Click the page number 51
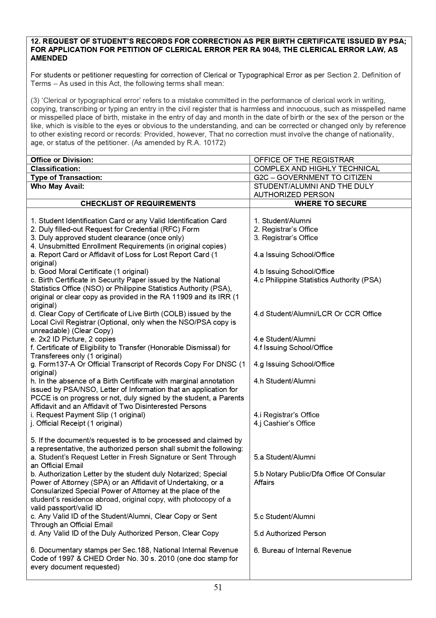pyautogui.click(x=218, y=587)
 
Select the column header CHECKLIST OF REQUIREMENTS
pyautogui.click(x=138, y=204)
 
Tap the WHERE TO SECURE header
pyautogui.click(x=330, y=204)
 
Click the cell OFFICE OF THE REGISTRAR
pyautogui.click(x=304, y=160)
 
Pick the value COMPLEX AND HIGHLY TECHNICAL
pyautogui.click(x=316, y=169)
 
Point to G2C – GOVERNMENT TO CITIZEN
pyautogui.click(x=313, y=177)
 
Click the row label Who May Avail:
pyautogui.click(x=57, y=186)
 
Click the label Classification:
pyautogui.click(x=56, y=169)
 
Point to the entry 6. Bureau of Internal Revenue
pyautogui.click(x=302, y=550)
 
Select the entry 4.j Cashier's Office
pyautogui.click(x=284, y=423)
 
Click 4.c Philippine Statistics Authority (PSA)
pyautogui.click(x=317, y=280)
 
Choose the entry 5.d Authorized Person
pyautogui.click(x=290, y=533)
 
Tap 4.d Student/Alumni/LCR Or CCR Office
pyautogui.click(x=318, y=314)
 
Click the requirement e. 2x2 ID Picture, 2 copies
pyautogui.click(x=73, y=339)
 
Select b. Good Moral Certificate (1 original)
pyautogui.click(x=90, y=271)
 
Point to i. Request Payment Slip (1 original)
pyautogui.click(x=88, y=415)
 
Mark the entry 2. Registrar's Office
pyautogui.click(x=286, y=229)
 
